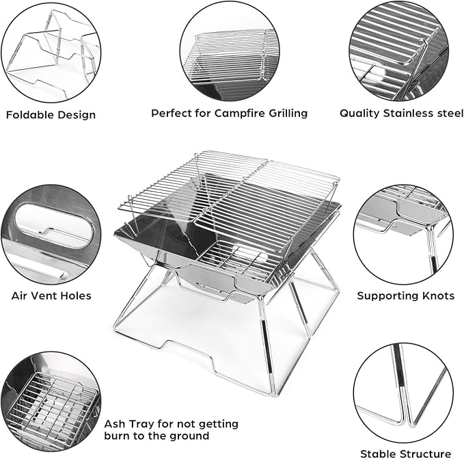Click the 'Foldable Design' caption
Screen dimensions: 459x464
pos(51,114)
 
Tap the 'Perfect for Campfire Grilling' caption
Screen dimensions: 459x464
pos(229,113)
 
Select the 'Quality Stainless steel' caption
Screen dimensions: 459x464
pos(401,113)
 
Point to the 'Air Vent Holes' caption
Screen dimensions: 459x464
pos(51,296)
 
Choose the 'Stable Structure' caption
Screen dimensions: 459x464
pos(406,453)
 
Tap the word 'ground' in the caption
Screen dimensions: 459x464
pos(185,436)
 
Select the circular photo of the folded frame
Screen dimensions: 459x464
pos(51,51)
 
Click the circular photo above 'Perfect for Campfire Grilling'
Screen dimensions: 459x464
pos(229,51)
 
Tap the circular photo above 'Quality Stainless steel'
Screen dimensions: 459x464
pos(400,51)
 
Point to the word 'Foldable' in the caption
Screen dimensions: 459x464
pos(30,114)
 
